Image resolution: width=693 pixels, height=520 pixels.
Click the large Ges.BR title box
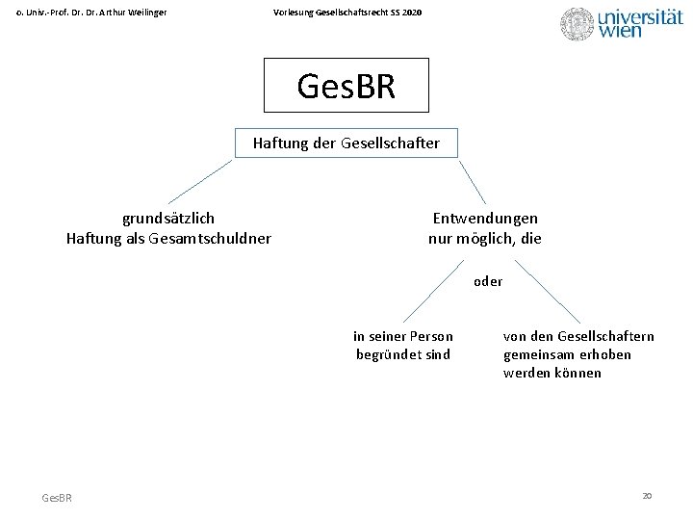[x=346, y=86]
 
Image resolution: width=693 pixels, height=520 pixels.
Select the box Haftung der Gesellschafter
[x=346, y=143]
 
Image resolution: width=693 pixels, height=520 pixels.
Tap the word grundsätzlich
[x=168, y=219]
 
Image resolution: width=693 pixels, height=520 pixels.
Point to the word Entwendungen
[x=485, y=219]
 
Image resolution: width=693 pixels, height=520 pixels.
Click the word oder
[x=488, y=282]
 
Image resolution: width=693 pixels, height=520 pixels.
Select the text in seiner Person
[x=403, y=336]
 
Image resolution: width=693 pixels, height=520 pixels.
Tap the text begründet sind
[x=403, y=354]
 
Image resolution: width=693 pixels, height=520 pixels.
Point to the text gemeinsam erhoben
[x=567, y=354]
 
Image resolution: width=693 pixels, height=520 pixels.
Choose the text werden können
[x=552, y=373]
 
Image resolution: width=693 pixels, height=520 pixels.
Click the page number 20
[x=647, y=495]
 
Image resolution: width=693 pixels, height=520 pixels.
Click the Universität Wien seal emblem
[x=577, y=24]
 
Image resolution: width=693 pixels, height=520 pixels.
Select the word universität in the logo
[x=640, y=17]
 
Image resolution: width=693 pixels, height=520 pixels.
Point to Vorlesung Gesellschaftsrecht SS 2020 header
[x=346, y=12]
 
